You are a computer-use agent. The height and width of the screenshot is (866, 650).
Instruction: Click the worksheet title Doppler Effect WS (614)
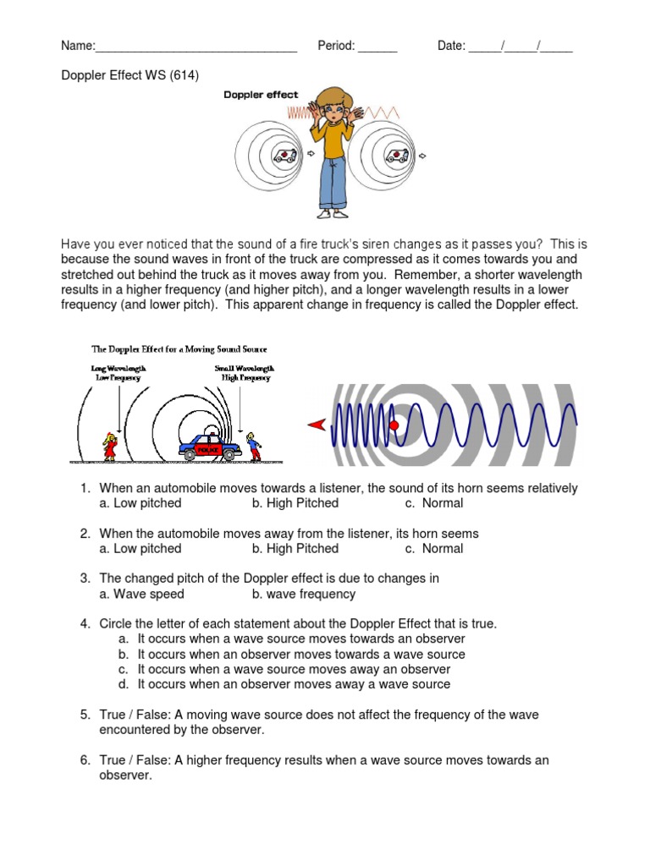(129, 75)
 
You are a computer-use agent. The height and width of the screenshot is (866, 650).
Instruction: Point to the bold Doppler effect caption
(261, 95)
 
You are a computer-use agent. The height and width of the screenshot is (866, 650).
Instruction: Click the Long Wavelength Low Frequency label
(118, 373)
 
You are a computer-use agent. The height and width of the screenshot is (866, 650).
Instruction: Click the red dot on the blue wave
(393, 425)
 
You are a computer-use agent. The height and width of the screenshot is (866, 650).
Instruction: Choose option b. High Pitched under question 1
(295, 503)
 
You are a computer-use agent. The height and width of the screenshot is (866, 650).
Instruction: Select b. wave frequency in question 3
(303, 595)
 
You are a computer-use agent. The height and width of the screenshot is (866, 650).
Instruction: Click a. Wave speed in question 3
(140, 595)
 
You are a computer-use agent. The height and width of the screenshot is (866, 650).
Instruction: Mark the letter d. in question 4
(124, 684)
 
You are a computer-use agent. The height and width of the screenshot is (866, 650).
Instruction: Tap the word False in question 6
(155, 760)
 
